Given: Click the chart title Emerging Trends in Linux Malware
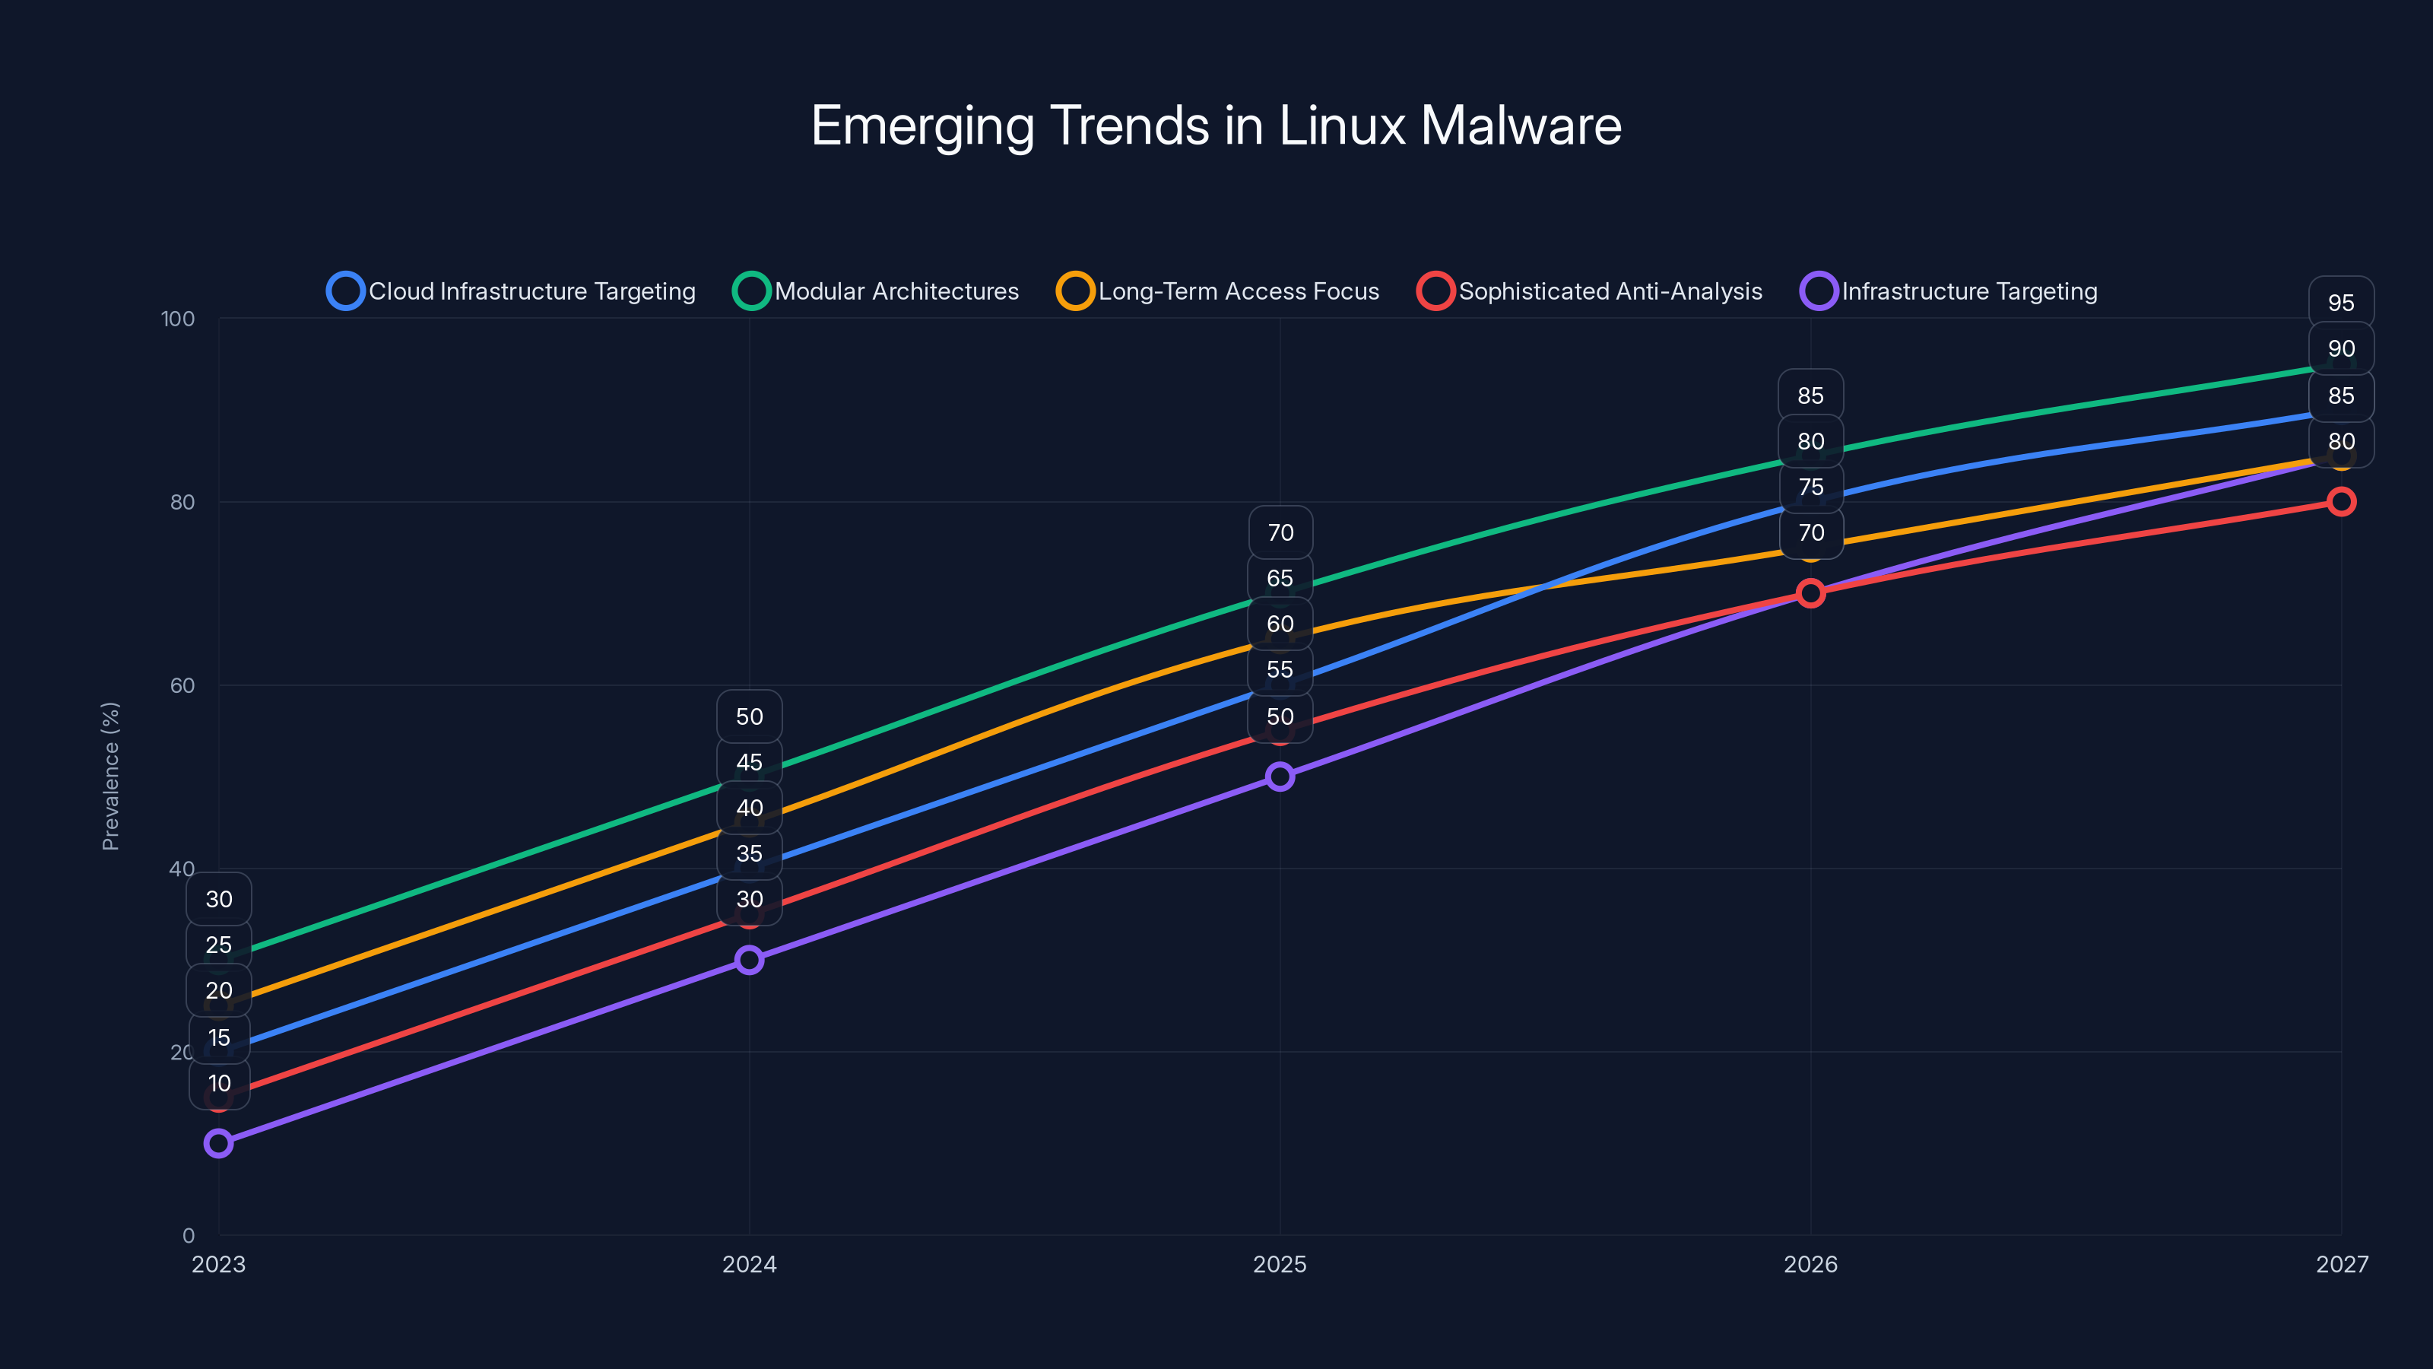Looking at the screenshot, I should point(1216,125).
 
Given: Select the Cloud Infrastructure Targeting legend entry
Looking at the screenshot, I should point(511,291).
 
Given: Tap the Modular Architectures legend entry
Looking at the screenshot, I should point(876,291).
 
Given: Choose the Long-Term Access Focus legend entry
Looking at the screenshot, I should point(1217,291).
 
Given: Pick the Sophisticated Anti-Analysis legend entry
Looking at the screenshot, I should point(1590,291).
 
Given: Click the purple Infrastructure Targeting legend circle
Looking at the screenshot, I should point(1818,291).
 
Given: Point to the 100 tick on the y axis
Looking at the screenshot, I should point(178,319).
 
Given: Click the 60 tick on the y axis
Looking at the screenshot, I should point(182,686).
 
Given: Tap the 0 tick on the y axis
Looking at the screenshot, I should point(189,1236).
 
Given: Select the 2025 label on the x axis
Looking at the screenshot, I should point(1280,1264).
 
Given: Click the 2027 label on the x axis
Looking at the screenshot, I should point(2342,1264).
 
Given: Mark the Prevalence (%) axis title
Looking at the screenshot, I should point(110,776).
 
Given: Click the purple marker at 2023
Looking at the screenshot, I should point(218,1143).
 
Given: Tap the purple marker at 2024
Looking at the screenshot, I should point(749,960).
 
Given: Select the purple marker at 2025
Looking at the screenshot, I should point(1280,777).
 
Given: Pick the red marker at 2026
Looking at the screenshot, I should point(1810,593).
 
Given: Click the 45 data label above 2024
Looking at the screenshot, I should point(749,762).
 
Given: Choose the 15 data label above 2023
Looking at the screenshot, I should point(219,1037).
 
